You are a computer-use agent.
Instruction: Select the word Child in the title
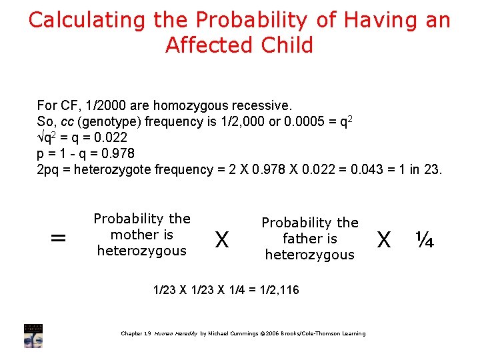(x=289, y=46)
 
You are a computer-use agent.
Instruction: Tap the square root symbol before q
(x=40, y=137)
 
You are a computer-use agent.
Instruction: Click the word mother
(x=133, y=235)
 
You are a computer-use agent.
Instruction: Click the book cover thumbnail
(x=33, y=335)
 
